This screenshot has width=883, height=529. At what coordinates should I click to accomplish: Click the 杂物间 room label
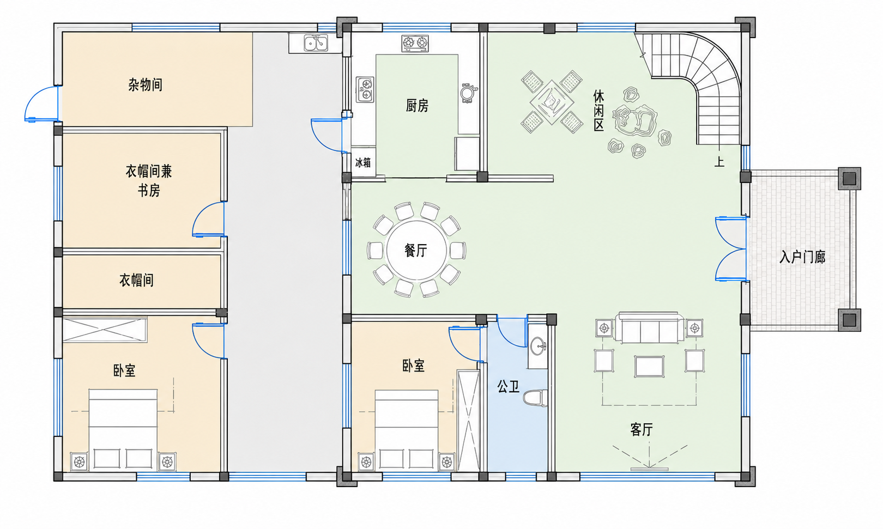[145, 84]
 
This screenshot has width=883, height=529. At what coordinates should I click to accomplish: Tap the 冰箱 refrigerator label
[362, 162]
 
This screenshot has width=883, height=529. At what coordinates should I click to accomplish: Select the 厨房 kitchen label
[416, 106]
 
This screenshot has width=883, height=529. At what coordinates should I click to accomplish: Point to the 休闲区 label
[598, 111]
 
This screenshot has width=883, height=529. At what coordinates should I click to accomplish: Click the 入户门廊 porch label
[802, 257]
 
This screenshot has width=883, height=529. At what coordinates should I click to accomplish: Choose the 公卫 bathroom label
[508, 386]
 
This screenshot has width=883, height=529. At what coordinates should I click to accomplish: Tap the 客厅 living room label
[642, 429]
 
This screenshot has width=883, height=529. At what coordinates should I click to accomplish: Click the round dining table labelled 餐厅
[416, 250]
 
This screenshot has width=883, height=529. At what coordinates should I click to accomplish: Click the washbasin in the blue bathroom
[538, 346]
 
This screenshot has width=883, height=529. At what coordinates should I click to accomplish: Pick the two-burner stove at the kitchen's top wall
[415, 44]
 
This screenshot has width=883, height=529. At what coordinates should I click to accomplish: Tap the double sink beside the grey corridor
[316, 43]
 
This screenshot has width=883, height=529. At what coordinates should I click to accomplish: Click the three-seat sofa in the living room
[649, 328]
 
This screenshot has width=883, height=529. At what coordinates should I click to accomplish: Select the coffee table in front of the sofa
[649, 366]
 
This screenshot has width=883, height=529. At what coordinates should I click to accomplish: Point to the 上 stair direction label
[719, 161]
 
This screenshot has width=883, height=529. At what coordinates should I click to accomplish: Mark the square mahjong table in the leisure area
[552, 102]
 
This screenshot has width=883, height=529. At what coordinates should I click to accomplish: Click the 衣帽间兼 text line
[149, 172]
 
